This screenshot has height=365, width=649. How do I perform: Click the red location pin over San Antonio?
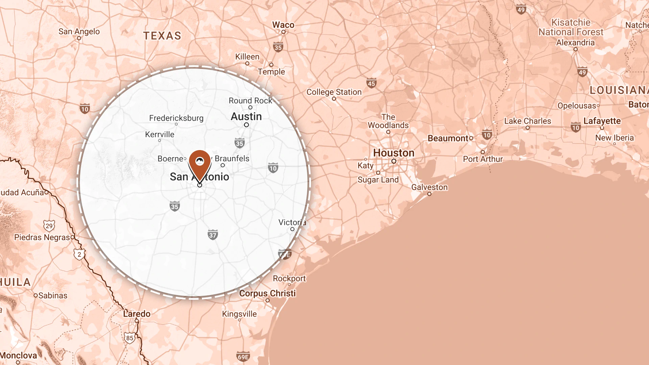point(200,164)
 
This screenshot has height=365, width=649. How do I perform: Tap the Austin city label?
point(246,117)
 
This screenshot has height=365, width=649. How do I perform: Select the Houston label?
point(393,153)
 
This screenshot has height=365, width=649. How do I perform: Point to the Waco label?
point(283,25)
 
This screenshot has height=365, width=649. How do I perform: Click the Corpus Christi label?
point(267,293)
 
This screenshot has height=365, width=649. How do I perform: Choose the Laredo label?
point(137,314)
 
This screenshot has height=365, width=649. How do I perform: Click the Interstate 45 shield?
point(371,83)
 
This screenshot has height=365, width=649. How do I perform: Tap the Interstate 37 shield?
point(213,235)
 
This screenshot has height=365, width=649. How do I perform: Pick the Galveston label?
point(429,187)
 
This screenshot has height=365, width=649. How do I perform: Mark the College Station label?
point(334,92)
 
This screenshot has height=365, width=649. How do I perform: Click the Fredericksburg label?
point(176,118)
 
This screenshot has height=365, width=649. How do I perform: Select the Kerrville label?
point(160,135)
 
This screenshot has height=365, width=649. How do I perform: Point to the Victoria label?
point(292,222)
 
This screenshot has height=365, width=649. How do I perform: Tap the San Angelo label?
point(79,31)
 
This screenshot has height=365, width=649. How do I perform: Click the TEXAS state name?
point(162,36)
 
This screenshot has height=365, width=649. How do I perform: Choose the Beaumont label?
point(448,138)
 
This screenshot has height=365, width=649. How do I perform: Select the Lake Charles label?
point(527,121)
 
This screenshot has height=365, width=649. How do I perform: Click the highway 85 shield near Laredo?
point(130,338)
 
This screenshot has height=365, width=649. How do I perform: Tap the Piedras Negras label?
point(42,237)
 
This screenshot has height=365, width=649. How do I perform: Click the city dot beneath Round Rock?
point(250,107)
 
